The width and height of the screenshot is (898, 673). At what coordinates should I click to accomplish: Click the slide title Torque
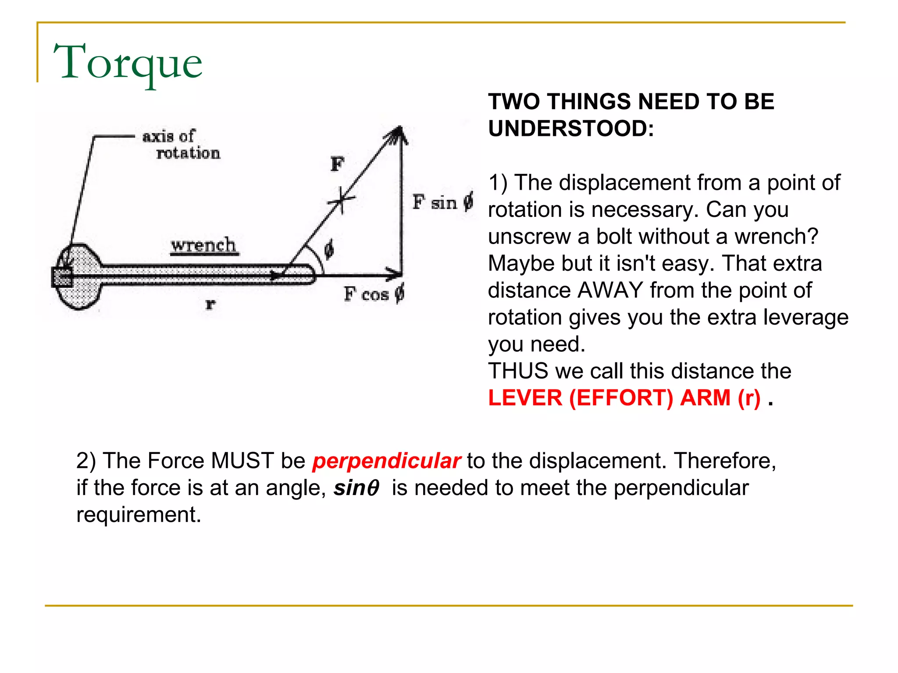128,63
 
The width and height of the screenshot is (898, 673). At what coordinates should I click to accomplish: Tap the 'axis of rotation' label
181,145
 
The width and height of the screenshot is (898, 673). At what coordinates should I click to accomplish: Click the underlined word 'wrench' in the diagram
203,245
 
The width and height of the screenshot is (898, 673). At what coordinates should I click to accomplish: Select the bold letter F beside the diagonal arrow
337,164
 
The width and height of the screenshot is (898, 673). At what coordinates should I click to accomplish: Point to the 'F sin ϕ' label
442,202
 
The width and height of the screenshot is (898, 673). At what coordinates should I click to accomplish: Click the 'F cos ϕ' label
374,294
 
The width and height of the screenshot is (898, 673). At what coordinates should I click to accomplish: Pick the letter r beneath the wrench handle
210,304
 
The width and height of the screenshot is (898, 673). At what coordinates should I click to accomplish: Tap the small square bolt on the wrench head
62,277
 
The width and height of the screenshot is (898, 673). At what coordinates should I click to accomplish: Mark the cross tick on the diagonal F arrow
341,200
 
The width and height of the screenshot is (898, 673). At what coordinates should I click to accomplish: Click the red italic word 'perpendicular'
386,461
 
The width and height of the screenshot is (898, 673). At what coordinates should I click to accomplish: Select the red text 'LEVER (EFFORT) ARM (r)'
624,398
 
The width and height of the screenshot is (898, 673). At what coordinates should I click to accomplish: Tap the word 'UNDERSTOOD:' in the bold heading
571,129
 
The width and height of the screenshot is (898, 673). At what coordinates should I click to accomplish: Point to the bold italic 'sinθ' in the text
356,488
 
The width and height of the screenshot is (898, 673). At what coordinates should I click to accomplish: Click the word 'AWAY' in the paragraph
610,290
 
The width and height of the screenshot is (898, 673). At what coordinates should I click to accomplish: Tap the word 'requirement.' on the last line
139,514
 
